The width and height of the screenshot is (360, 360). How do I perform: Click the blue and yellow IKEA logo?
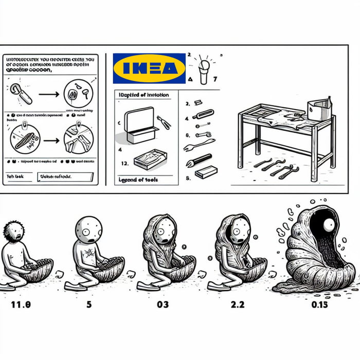(x=149, y=68)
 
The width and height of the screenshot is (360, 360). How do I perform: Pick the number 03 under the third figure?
(x=163, y=303)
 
